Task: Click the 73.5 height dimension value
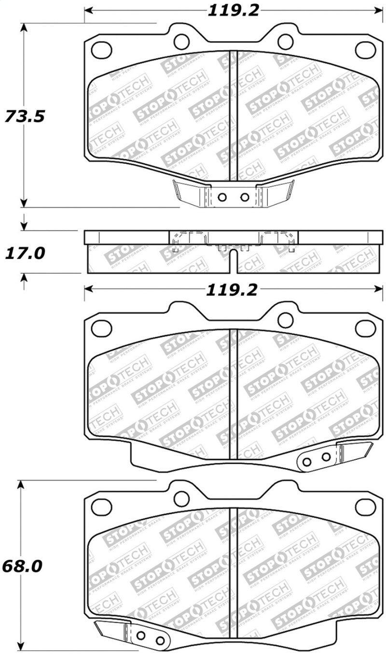25,116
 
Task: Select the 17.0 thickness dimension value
25,252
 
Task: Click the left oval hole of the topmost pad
101,49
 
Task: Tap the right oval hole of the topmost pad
365,49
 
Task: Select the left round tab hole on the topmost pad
181,42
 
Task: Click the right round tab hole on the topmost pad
285,42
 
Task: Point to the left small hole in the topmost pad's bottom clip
222,197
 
